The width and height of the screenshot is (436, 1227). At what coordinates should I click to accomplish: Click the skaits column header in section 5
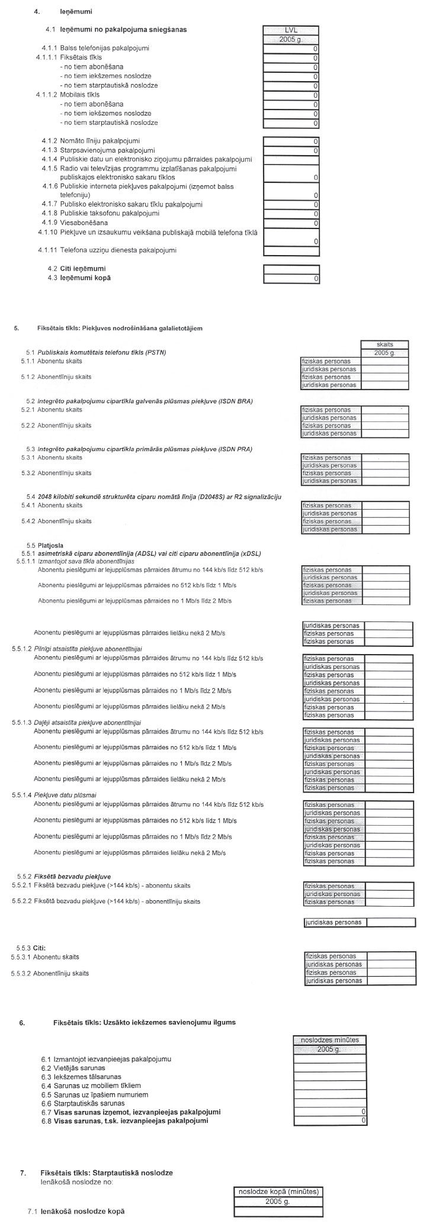pyautogui.click(x=384, y=344)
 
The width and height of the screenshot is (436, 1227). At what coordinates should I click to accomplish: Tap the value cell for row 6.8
pyautogui.click(x=330, y=1120)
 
